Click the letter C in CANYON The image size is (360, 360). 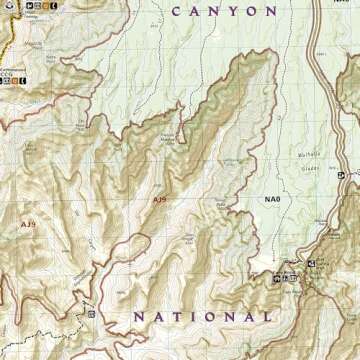coord(177,11)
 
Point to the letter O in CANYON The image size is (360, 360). coord(250,11)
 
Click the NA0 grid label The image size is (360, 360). coord(272,200)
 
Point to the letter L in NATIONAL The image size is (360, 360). coord(267,316)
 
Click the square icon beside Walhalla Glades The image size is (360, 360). coord(341,175)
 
